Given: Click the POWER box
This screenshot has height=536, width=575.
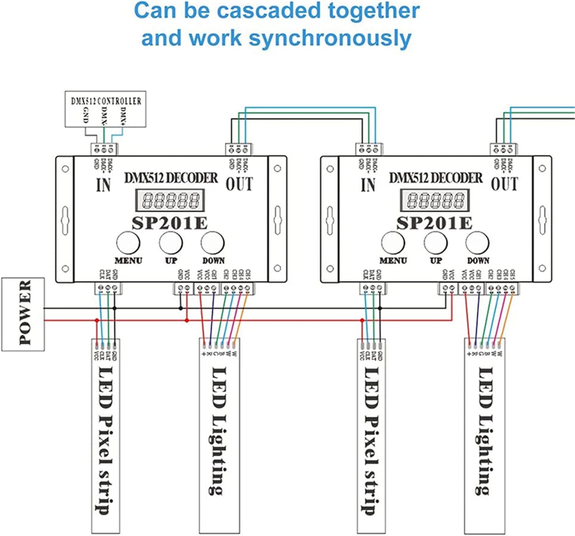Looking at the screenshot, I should click(x=23, y=314).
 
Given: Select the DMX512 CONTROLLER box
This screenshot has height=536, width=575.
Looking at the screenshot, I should click(x=105, y=109).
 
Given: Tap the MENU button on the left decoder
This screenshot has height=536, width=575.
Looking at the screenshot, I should click(x=128, y=243).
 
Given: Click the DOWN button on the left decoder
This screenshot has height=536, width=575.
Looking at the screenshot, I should click(x=213, y=243).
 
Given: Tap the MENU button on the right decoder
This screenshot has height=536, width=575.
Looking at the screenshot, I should click(x=393, y=243).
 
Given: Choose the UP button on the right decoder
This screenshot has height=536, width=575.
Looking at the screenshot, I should click(x=435, y=243).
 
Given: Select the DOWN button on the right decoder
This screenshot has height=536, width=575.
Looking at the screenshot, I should click(x=478, y=243).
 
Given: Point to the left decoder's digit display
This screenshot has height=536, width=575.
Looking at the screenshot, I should click(x=169, y=200).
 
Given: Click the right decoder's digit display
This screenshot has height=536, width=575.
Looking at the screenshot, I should click(x=435, y=200).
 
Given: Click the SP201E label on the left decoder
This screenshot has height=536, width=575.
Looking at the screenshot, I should click(x=169, y=223).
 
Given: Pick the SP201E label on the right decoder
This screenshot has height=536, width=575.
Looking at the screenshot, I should click(x=434, y=223).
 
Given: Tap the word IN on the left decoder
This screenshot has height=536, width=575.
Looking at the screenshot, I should click(x=103, y=185).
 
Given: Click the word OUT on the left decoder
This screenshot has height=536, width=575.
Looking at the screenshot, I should click(x=239, y=184).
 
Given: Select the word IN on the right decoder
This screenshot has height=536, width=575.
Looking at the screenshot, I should click(x=368, y=185).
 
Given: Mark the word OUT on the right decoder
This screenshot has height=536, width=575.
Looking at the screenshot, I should click(x=504, y=184).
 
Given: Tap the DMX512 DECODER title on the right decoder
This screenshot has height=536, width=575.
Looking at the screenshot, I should click(x=436, y=178).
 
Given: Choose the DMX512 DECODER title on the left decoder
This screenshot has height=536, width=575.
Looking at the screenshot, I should click(x=171, y=178).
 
